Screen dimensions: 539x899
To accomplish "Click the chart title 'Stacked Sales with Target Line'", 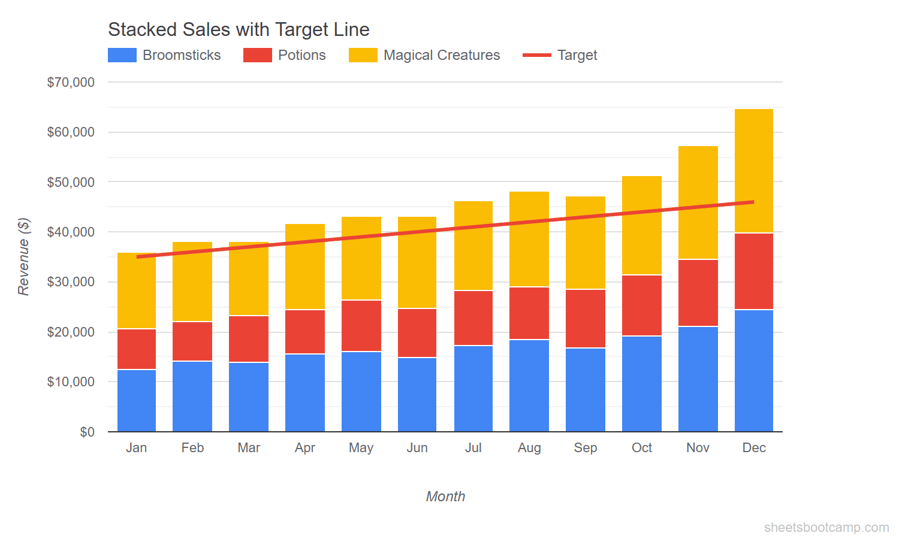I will (239, 29).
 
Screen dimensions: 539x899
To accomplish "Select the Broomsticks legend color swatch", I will (122, 55).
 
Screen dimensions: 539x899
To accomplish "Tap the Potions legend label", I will (301, 55).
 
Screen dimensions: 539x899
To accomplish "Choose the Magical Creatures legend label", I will (441, 55).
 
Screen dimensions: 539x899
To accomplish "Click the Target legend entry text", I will (577, 55).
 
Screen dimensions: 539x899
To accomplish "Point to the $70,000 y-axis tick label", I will (71, 82).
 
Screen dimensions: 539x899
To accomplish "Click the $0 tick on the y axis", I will (87, 432).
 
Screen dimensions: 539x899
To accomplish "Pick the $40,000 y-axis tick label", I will (71, 232).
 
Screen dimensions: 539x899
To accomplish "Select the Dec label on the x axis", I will (753, 447).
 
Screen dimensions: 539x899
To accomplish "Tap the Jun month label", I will (417, 447).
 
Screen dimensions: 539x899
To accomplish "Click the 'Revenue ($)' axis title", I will (23, 257).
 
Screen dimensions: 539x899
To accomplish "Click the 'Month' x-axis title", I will (445, 496).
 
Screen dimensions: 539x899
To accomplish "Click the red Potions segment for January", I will (137, 349).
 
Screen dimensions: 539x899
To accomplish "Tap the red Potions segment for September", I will (585, 319).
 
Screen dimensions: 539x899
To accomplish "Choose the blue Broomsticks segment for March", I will (249, 396).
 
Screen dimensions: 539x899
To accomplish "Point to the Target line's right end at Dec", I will (753, 202).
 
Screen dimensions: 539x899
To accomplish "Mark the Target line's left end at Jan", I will (138, 257).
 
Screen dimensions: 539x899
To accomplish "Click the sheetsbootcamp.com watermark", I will (826, 527).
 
